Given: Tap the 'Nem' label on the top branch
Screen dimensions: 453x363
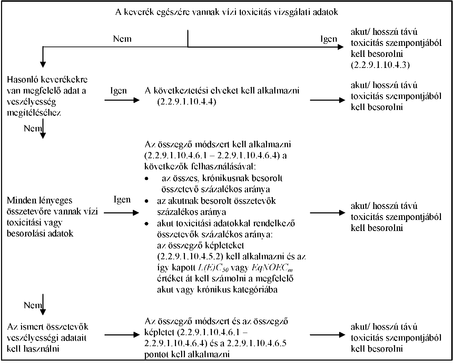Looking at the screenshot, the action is tap(122, 39).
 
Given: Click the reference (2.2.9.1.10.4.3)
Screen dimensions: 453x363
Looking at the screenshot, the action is tap(380, 65).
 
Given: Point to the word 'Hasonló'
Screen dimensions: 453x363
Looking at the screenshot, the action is tap(22, 80).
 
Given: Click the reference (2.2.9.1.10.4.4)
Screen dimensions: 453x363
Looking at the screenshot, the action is tap(187, 102).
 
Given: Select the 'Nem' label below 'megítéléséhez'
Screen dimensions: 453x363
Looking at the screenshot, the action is tap(33, 129).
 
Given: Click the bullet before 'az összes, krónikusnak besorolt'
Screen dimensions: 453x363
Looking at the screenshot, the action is tap(147, 179).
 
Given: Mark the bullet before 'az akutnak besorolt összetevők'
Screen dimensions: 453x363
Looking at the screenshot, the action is tap(147, 201).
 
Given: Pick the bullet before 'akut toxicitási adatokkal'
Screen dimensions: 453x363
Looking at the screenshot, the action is tap(147, 224).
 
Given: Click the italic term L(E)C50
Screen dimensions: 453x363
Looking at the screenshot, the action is tap(213, 268).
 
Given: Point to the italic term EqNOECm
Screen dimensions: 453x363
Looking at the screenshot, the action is tap(272, 268).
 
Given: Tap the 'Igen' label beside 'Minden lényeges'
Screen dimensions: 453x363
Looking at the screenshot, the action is tap(122, 200).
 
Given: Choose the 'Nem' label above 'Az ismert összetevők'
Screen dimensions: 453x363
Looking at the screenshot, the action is tap(33, 305).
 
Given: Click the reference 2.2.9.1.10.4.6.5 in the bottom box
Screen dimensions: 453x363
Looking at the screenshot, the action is tap(257, 343).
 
